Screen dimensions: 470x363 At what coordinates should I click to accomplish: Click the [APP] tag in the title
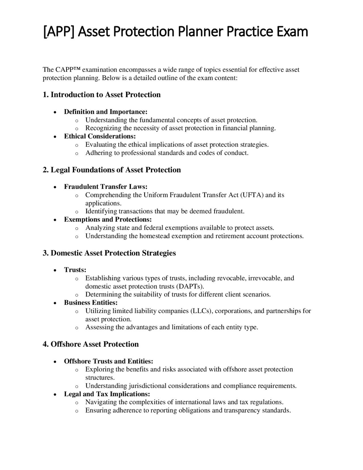59,32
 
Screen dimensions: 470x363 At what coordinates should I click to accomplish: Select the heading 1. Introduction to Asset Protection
102,95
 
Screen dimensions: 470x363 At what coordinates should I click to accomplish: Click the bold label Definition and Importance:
105,112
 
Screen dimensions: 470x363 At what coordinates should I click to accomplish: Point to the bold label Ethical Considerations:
100,136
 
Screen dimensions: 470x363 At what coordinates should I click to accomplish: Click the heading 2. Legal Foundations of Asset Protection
112,170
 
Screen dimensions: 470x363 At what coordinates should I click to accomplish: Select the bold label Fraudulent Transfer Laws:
105,186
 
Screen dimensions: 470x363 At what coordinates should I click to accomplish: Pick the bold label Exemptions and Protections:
108,219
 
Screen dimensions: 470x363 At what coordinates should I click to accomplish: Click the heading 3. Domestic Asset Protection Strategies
109,253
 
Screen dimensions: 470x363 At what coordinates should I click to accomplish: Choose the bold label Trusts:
75,270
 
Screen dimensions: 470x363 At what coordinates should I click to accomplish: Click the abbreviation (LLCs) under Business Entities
202,311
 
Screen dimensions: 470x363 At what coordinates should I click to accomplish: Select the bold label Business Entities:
91,303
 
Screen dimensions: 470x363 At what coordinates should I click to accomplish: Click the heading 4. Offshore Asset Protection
90,344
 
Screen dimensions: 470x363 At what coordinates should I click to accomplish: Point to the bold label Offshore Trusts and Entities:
108,361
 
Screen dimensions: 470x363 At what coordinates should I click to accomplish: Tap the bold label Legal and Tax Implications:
107,394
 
